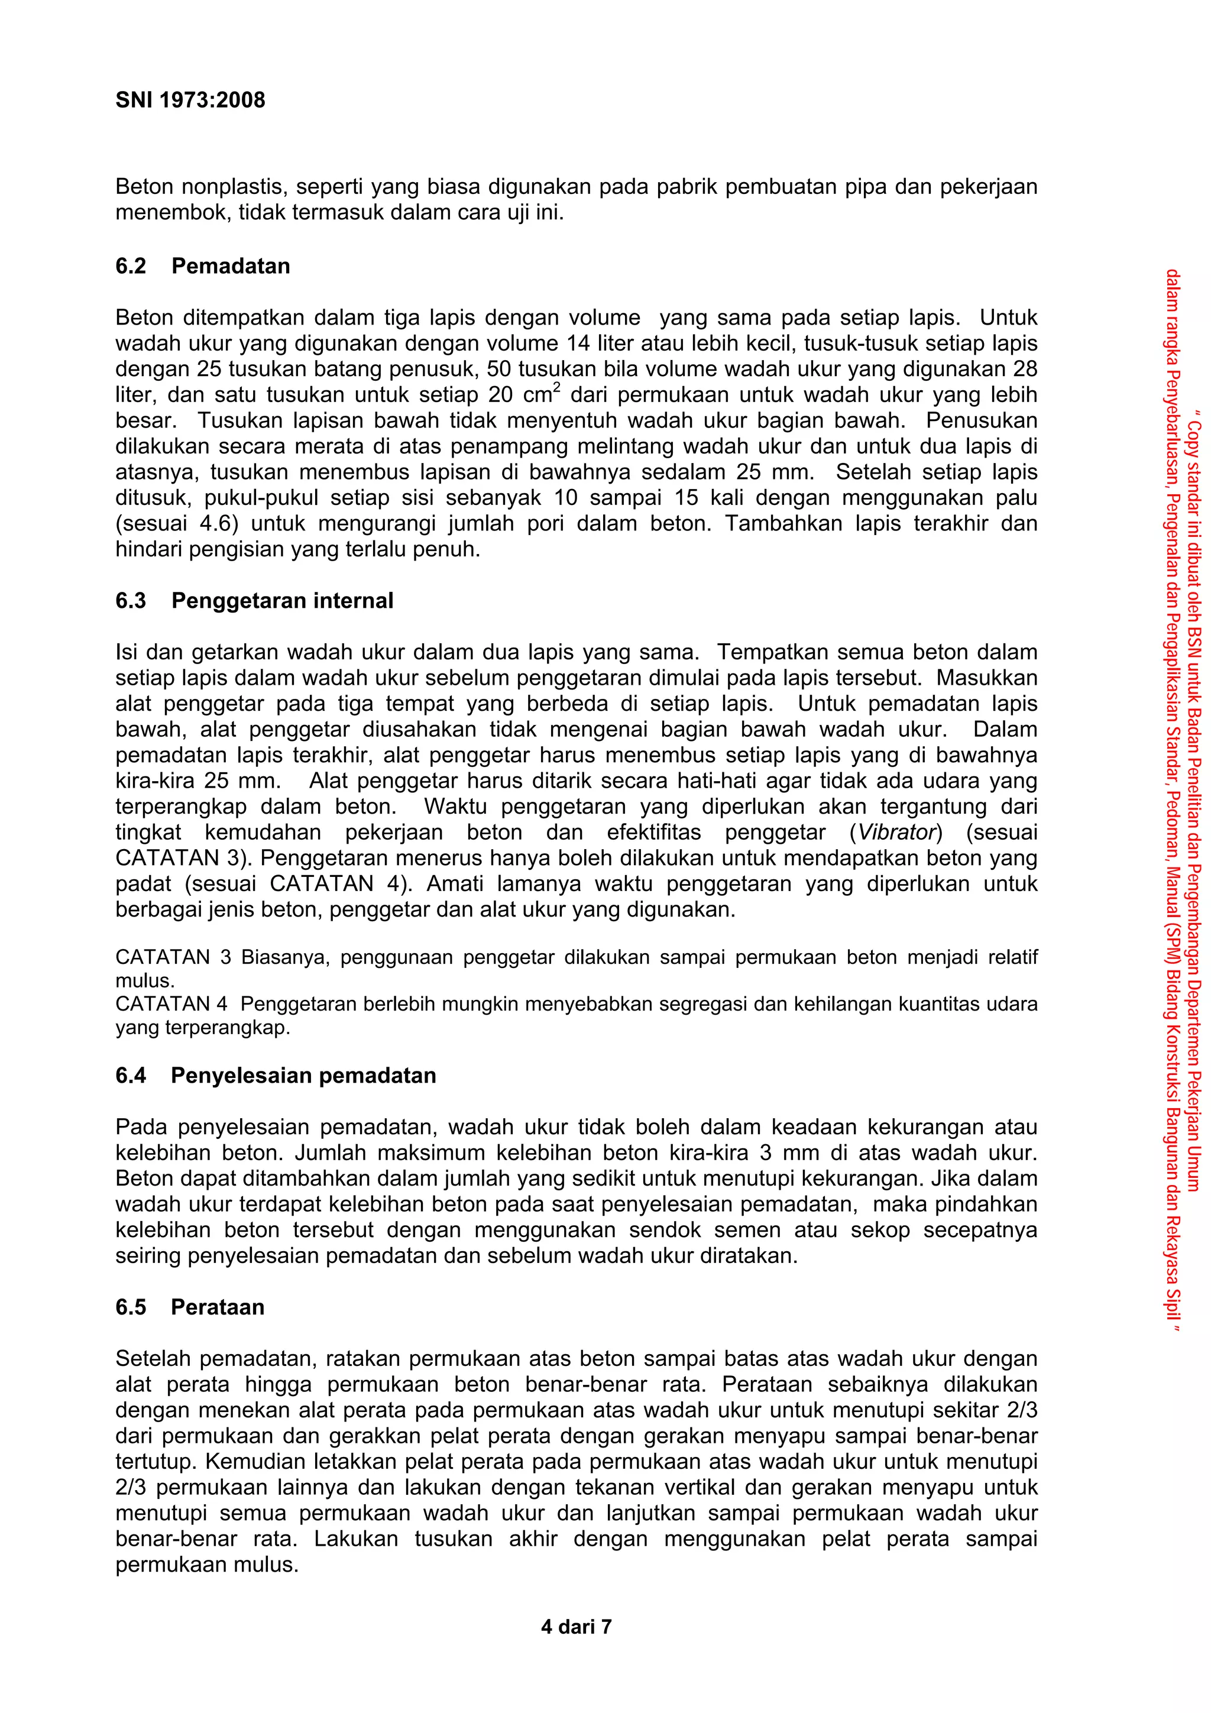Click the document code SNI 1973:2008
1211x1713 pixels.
[190, 100]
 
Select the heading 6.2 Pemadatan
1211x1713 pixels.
[202, 265]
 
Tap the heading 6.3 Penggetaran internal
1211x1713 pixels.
[254, 601]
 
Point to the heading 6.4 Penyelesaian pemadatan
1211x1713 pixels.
[276, 1075]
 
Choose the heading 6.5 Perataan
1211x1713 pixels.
[190, 1307]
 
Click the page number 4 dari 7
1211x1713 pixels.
[575, 1627]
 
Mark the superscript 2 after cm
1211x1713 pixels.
[556, 387]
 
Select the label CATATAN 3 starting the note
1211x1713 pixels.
[173, 957]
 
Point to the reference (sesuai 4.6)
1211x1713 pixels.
[176, 524]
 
